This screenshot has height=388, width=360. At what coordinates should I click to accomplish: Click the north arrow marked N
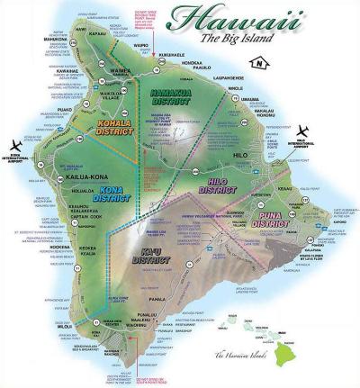coord(257,64)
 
